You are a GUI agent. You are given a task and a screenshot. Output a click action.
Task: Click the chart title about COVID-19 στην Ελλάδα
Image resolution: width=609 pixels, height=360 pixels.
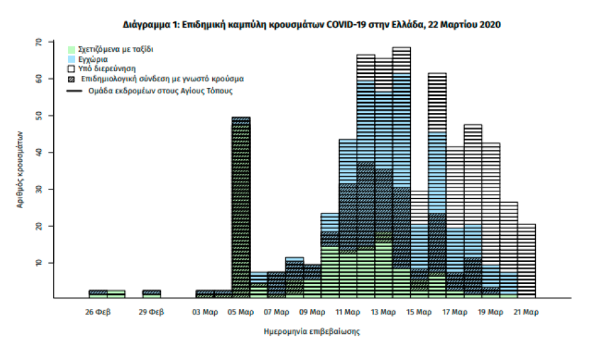click(x=311, y=24)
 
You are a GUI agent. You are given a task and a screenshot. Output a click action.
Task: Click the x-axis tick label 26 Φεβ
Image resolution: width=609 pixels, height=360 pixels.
click(x=99, y=312)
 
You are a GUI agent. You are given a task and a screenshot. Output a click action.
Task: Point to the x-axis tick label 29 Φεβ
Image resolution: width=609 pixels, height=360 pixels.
click(x=152, y=312)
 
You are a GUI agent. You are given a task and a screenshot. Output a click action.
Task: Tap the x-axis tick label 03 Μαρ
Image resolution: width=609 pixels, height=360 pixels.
click(x=205, y=312)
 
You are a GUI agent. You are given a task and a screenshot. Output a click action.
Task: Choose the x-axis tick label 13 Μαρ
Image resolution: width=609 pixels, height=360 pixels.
click(x=383, y=312)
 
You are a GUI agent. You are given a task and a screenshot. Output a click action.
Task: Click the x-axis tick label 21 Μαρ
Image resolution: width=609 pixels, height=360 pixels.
click(x=526, y=312)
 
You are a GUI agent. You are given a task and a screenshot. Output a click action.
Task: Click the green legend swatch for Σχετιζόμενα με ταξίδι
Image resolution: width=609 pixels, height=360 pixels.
click(x=71, y=49)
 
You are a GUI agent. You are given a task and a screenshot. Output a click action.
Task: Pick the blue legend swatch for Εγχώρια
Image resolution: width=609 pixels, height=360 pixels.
click(x=71, y=59)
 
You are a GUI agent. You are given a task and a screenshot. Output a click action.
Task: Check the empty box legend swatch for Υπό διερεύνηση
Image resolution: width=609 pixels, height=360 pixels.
click(x=71, y=69)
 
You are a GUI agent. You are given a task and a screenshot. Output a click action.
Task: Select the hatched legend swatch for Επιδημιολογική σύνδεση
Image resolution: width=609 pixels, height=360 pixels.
click(x=71, y=79)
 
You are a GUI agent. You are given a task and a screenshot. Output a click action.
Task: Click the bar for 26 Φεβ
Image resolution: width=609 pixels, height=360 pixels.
click(x=98, y=294)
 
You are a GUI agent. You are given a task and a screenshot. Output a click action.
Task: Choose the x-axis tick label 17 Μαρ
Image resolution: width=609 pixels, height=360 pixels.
click(x=455, y=312)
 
